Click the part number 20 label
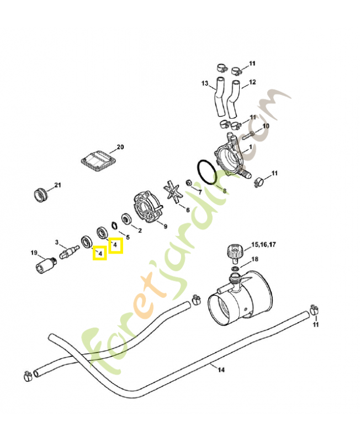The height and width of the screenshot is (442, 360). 120,147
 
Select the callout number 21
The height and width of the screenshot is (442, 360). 57,185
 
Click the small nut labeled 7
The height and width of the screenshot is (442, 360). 189,183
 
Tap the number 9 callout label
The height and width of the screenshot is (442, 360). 165,226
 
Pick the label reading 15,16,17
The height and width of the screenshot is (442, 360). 263,245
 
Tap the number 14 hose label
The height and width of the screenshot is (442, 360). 221,370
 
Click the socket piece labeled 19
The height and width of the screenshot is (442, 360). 46,265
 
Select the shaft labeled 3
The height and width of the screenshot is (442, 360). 70,251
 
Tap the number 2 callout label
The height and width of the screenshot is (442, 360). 140,230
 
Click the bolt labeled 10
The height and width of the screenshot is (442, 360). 248,135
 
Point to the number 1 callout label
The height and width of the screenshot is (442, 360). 251,147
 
